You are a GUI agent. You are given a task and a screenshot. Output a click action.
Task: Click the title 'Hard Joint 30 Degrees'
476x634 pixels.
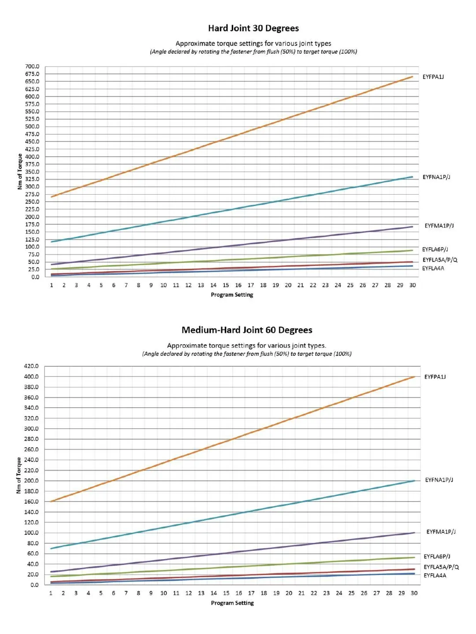pos(253,28)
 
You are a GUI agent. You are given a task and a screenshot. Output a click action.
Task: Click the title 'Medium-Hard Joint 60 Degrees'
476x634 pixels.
pos(247,330)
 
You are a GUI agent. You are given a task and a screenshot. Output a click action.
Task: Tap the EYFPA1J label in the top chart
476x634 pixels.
pos(433,77)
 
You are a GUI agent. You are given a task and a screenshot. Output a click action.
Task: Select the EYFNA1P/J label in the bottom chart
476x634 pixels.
pos(439,480)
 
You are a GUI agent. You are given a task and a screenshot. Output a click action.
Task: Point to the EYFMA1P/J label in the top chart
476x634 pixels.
pos(439,226)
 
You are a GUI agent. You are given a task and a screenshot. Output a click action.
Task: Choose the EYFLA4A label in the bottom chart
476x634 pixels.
pos(435,575)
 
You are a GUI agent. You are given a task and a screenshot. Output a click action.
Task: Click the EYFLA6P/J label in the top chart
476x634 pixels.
pos(435,249)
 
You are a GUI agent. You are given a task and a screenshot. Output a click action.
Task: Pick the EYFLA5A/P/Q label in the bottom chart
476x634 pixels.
pos(441,567)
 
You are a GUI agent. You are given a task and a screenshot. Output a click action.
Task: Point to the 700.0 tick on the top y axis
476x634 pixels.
pos(32,66)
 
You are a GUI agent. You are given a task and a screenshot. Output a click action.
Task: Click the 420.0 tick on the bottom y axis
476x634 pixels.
pos(31,366)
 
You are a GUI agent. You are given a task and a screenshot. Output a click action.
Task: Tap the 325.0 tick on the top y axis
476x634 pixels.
pos(32,179)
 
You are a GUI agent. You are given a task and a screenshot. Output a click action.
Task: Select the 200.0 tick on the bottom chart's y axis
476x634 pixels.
pos(31,481)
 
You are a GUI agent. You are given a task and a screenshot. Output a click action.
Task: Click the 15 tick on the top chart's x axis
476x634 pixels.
pos(226,285)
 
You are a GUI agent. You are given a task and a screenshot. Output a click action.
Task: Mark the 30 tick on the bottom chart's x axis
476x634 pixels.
pos(414,593)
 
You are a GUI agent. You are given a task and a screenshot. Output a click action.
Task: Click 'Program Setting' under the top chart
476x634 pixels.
pos(232,295)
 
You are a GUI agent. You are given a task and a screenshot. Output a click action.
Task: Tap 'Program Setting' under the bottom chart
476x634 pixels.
pos(232,603)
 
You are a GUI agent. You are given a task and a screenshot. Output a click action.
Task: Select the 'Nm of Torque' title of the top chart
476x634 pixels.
pos(20,172)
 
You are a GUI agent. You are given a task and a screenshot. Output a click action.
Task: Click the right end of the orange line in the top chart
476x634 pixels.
pos(413,77)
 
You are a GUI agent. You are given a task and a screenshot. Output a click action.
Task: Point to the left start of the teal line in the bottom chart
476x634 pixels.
pos(51,548)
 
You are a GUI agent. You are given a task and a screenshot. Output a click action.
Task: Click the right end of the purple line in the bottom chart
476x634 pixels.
pos(414,533)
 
